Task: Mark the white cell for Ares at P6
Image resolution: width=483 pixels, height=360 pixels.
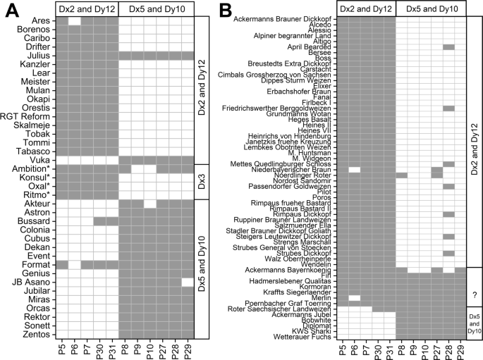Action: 75,21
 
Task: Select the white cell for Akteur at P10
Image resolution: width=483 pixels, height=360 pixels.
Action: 149,204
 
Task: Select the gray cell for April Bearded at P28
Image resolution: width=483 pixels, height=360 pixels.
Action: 448,46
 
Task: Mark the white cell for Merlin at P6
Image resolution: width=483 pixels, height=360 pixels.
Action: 355,298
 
